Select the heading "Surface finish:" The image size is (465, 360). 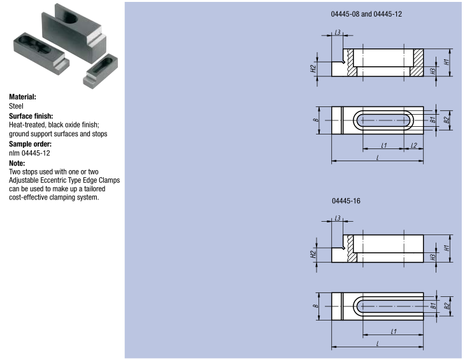click(31, 117)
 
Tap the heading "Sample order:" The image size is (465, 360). click(29, 145)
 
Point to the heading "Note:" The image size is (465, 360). click(17, 163)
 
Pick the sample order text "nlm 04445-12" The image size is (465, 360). click(29, 154)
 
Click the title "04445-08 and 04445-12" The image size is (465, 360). click(366, 13)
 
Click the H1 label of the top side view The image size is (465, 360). click(448, 62)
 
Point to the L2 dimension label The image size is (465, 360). click(413, 147)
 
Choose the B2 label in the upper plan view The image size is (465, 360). click(447, 119)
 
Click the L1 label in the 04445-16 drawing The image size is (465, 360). click(393, 332)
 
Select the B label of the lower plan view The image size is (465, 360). click(315, 306)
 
